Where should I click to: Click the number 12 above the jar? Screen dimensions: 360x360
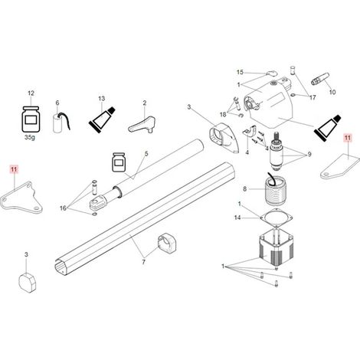[x=31, y=93]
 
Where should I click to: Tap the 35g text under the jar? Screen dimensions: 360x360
[x=30, y=137]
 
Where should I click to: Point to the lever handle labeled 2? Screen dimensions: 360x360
[x=142, y=125]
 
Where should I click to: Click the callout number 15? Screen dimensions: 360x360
[x=240, y=72]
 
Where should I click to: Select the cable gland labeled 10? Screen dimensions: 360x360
[x=320, y=79]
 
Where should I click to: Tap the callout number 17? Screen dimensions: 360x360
[x=313, y=97]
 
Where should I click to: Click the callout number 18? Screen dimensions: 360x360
[x=223, y=114]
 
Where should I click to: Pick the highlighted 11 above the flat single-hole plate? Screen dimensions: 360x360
[x=348, y=138]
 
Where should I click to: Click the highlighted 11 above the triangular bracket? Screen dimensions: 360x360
[x=14, y=169]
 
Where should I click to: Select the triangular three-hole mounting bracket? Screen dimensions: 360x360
[x=22, y=198]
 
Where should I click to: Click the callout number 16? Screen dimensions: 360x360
[x=63, y=208]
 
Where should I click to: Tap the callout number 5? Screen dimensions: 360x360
[x=146, y=154]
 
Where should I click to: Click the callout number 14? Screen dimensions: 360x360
[x=237, y=218]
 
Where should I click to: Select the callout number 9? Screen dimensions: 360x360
[x=309, y=154]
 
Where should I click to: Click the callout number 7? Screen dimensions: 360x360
[x=143, y=262]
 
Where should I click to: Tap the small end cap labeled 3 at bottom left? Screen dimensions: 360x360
[x=28, y=282]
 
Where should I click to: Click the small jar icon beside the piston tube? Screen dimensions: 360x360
[x=119, y=162]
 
